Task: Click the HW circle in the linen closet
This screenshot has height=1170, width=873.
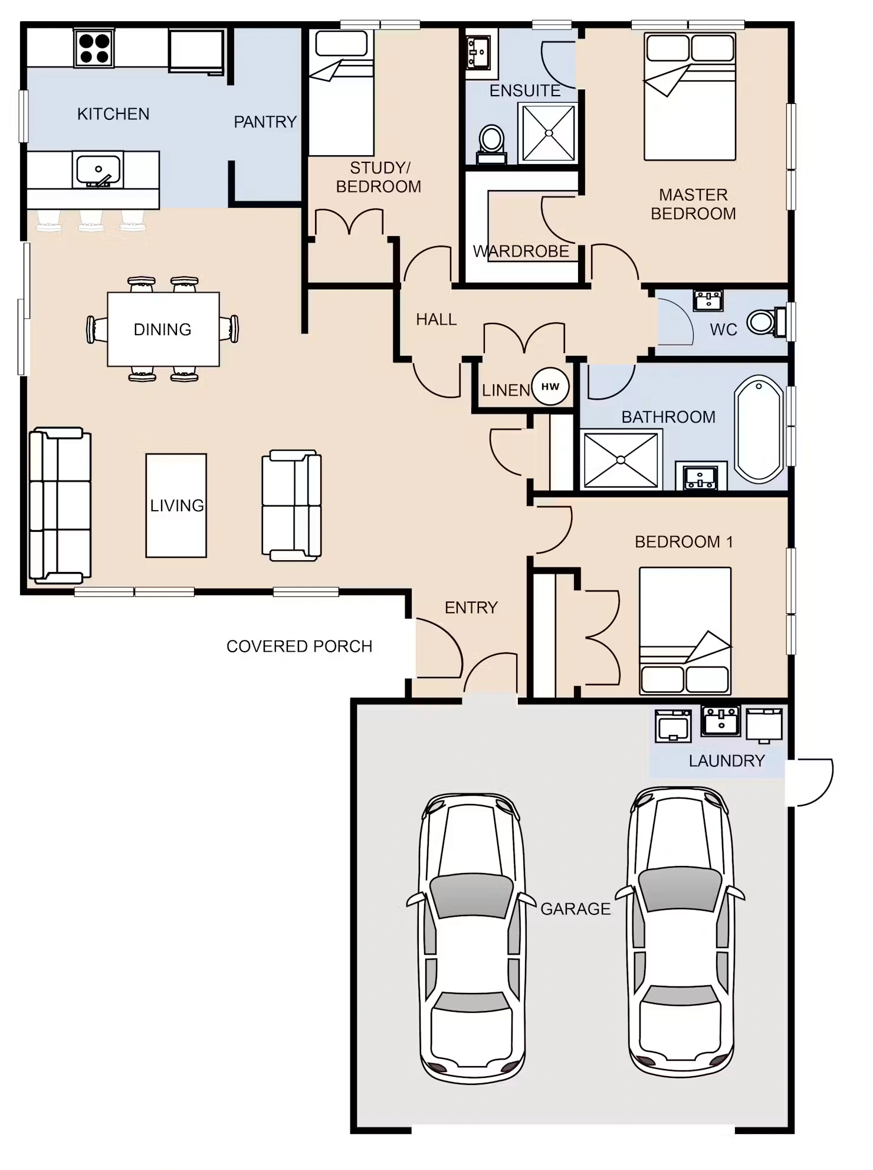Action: coord(550,387)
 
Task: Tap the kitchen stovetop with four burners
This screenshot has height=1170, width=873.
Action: coord(94,48)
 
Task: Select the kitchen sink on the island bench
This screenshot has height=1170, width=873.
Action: coord(98,170)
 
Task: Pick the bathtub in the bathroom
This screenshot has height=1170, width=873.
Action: coord(759,429)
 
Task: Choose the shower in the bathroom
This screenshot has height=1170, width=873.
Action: coord(621,460)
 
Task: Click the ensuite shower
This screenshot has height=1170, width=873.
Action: coord(548,133)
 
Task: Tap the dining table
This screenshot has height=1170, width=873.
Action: coord(163,329)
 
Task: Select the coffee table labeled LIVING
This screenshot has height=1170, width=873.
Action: coord(176,505)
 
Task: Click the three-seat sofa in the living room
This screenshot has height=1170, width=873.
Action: coord(60,505)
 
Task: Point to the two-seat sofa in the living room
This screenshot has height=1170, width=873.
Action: coord(292,505)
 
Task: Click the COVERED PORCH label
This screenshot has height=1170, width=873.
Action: coord(299,646)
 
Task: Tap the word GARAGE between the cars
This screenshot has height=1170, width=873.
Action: coord(576,909)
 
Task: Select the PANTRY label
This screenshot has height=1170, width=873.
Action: coord(265,122)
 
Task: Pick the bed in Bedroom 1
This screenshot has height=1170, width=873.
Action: coord(685,631)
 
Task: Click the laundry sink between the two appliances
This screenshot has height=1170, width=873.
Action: coord(721,721)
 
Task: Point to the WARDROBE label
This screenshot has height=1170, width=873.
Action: coord(521,251)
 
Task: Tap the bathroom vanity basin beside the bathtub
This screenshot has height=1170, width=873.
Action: coord(701,478)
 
